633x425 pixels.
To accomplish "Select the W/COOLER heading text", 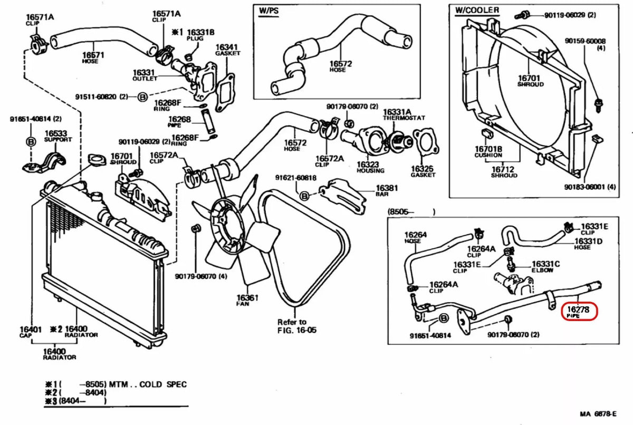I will pos(477,9).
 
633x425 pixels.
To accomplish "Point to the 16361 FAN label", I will pos(247,301).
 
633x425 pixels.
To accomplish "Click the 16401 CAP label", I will pos(31,332).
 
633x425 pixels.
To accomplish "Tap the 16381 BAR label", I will pos(387,190).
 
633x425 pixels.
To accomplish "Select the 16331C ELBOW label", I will pos(545,267).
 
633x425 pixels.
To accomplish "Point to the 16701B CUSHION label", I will pos(488,152).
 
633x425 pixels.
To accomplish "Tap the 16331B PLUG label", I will pos(200,35).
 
